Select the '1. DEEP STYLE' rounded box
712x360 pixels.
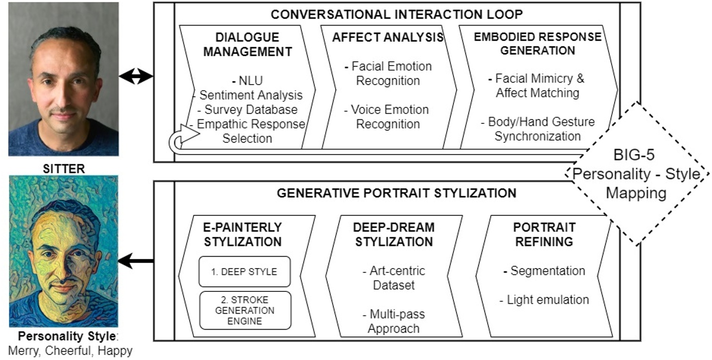pos(244,271)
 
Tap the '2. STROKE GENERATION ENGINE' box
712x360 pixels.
pos(245,310)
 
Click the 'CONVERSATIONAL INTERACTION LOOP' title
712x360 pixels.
pos(396,14)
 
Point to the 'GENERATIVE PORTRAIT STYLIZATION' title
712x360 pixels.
pos(396,193)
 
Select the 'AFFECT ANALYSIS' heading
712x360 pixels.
pos(388,38)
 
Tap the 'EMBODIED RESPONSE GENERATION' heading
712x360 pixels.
pos(537,44)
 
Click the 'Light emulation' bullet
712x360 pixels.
pos(544,300)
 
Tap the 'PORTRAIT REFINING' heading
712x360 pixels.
pos(544,235)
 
